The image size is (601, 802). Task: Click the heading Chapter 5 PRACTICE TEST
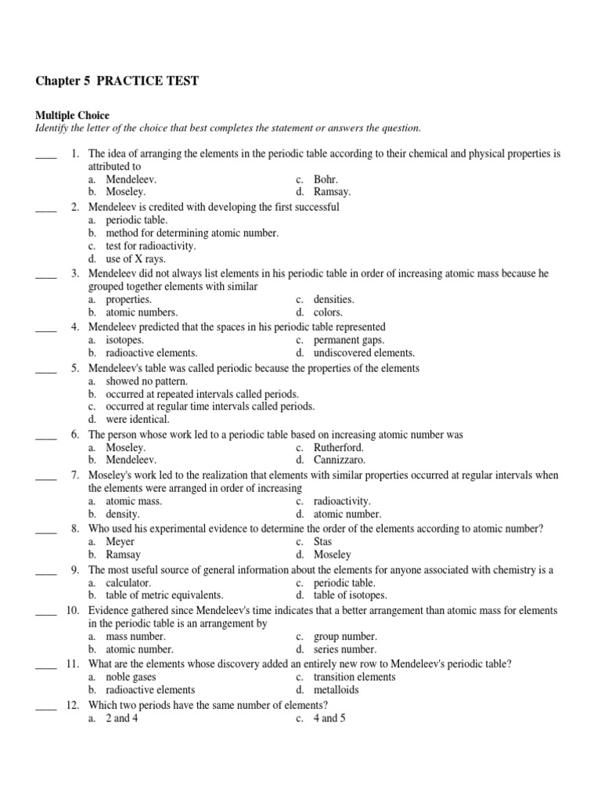pyautogui.click(x=117, y=81)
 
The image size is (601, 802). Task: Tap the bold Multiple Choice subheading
pyautogui.click(x=72, y=115)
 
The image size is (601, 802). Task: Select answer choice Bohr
pyautogui.click(x=326, y=179)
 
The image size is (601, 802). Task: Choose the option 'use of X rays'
pyautogui.click(x=136, y=258)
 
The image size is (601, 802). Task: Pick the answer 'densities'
pyautogui.click(x=333, y=299)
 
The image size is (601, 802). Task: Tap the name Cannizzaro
pyautogui.click(x=340, y=460)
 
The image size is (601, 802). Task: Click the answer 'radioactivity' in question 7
pyautogui.click(x=342, y=501)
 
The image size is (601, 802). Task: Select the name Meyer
pyautogui.click(x=121, y=541)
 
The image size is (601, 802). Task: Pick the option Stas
pyautogui.click(x=323, y=541)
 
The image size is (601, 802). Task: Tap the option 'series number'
pyautogui.click(x=344, y=649)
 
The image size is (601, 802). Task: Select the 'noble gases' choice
pyautogui.click(x=131, y=677)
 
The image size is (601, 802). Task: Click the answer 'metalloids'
pyautogui.click(x=336, y=690)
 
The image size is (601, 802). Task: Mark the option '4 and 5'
pyautogui.click(x=329, y=718)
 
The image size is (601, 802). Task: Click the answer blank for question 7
pyautogui.click(x=46, y=475)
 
